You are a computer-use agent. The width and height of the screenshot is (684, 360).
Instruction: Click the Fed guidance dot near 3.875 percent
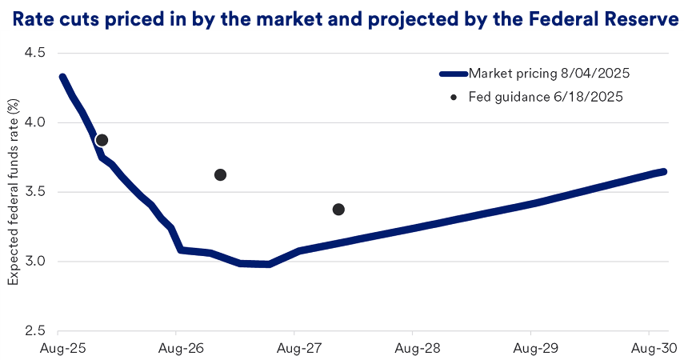click(102, 140)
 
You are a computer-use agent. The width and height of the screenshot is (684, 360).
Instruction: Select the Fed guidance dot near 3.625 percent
click(220, 174)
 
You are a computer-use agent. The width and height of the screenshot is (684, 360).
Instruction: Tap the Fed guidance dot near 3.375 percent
click(338, 210)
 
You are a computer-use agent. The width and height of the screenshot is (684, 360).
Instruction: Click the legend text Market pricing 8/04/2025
click(550, 74)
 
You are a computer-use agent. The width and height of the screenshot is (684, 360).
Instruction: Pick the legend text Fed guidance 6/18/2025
click(546, 97)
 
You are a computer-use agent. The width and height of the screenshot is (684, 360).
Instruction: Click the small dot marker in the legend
click(454, 97)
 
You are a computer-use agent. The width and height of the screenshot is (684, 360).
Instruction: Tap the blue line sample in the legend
click(454, 74)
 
